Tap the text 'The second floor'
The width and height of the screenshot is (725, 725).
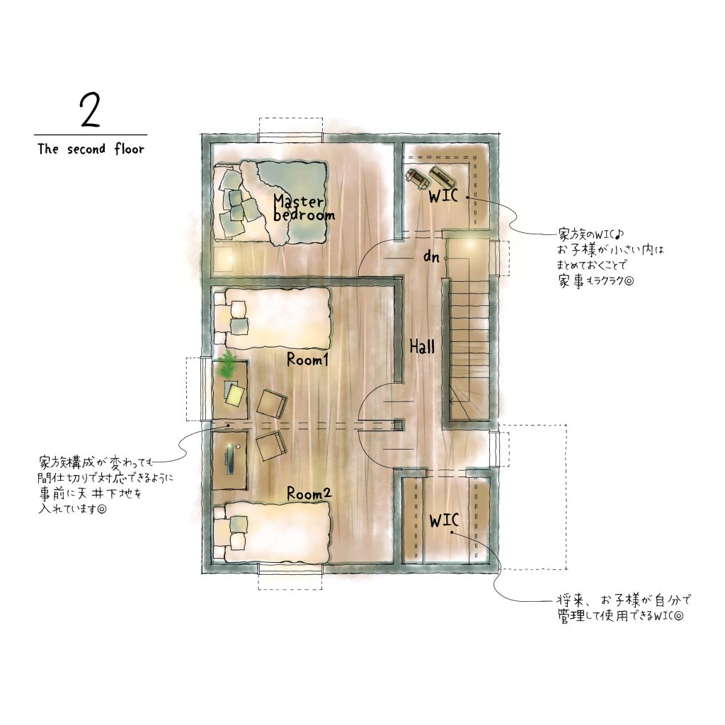coord(91,149)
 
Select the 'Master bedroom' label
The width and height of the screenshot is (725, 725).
coord(304,208)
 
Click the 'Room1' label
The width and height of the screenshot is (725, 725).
coord(307,359)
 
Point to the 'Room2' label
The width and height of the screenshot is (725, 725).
coord(309,493)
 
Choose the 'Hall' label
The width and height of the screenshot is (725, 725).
coord(422,346)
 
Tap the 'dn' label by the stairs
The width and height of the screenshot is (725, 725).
coord(431,256)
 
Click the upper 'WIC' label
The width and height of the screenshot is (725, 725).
coord(443,196)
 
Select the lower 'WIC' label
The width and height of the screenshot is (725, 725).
coord(443,520)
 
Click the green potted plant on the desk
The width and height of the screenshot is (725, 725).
coord(227,364)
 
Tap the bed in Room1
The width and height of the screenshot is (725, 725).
coord(273,319)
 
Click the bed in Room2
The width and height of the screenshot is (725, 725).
coord(273,532)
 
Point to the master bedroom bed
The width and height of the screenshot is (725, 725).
coord(270,202)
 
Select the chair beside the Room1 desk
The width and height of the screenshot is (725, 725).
coord(272,404)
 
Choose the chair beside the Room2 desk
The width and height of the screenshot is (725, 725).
coord(271,446)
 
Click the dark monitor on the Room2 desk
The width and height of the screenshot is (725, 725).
coord(230,459)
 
